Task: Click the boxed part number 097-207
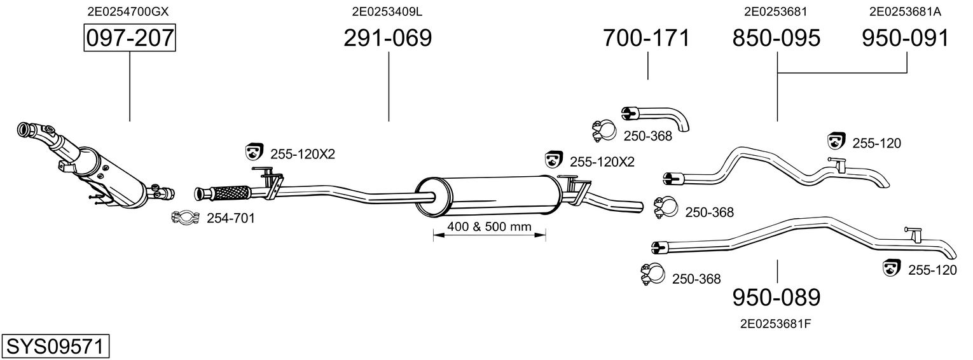(x=130, y=38)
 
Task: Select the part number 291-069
(x=387, y=38)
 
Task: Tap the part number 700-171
(x=646, y=38)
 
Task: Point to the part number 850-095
(x=776, y=38)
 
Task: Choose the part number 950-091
(x=906, y=38)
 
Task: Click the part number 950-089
(x=776, y=297)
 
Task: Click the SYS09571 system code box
(x=55, y=346)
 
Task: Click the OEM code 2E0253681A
(x=905, y=11)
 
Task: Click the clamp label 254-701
(x=230, y=219)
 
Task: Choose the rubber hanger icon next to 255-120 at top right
(x=836, y=141)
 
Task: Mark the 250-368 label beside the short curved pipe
(x=647, y=135)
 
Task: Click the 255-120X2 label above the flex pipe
(x=303, y=154)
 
